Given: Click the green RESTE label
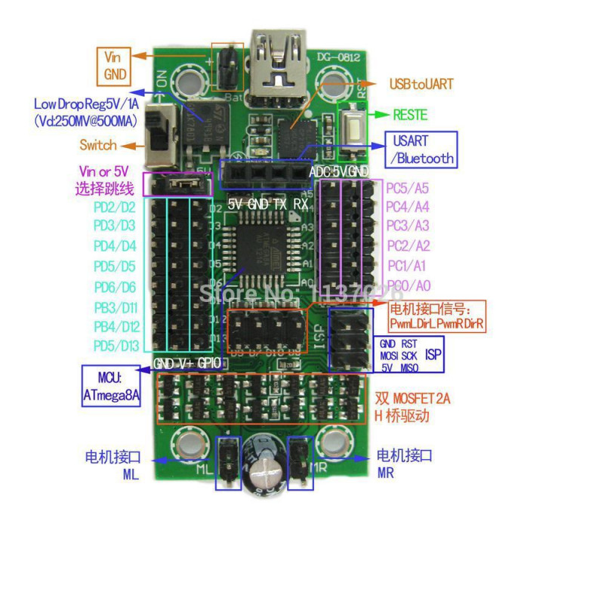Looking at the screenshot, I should tap(410, 116).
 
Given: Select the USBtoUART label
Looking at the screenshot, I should tap(421, 84).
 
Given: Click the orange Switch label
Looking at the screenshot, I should tap(98, 145).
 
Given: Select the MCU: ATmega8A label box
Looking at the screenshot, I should tap(112, 386).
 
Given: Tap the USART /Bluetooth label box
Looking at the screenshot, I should tap(421, 149).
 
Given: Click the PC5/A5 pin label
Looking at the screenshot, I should tap(407, 188).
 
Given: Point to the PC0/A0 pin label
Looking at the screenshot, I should tap(408, 285).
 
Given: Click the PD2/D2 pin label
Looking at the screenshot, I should tap(115, 206).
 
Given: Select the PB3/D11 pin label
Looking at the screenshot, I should tap(115, 307).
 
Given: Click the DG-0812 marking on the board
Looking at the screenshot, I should tap(332, 54).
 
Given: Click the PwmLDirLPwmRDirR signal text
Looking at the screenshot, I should tap(436, 324).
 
